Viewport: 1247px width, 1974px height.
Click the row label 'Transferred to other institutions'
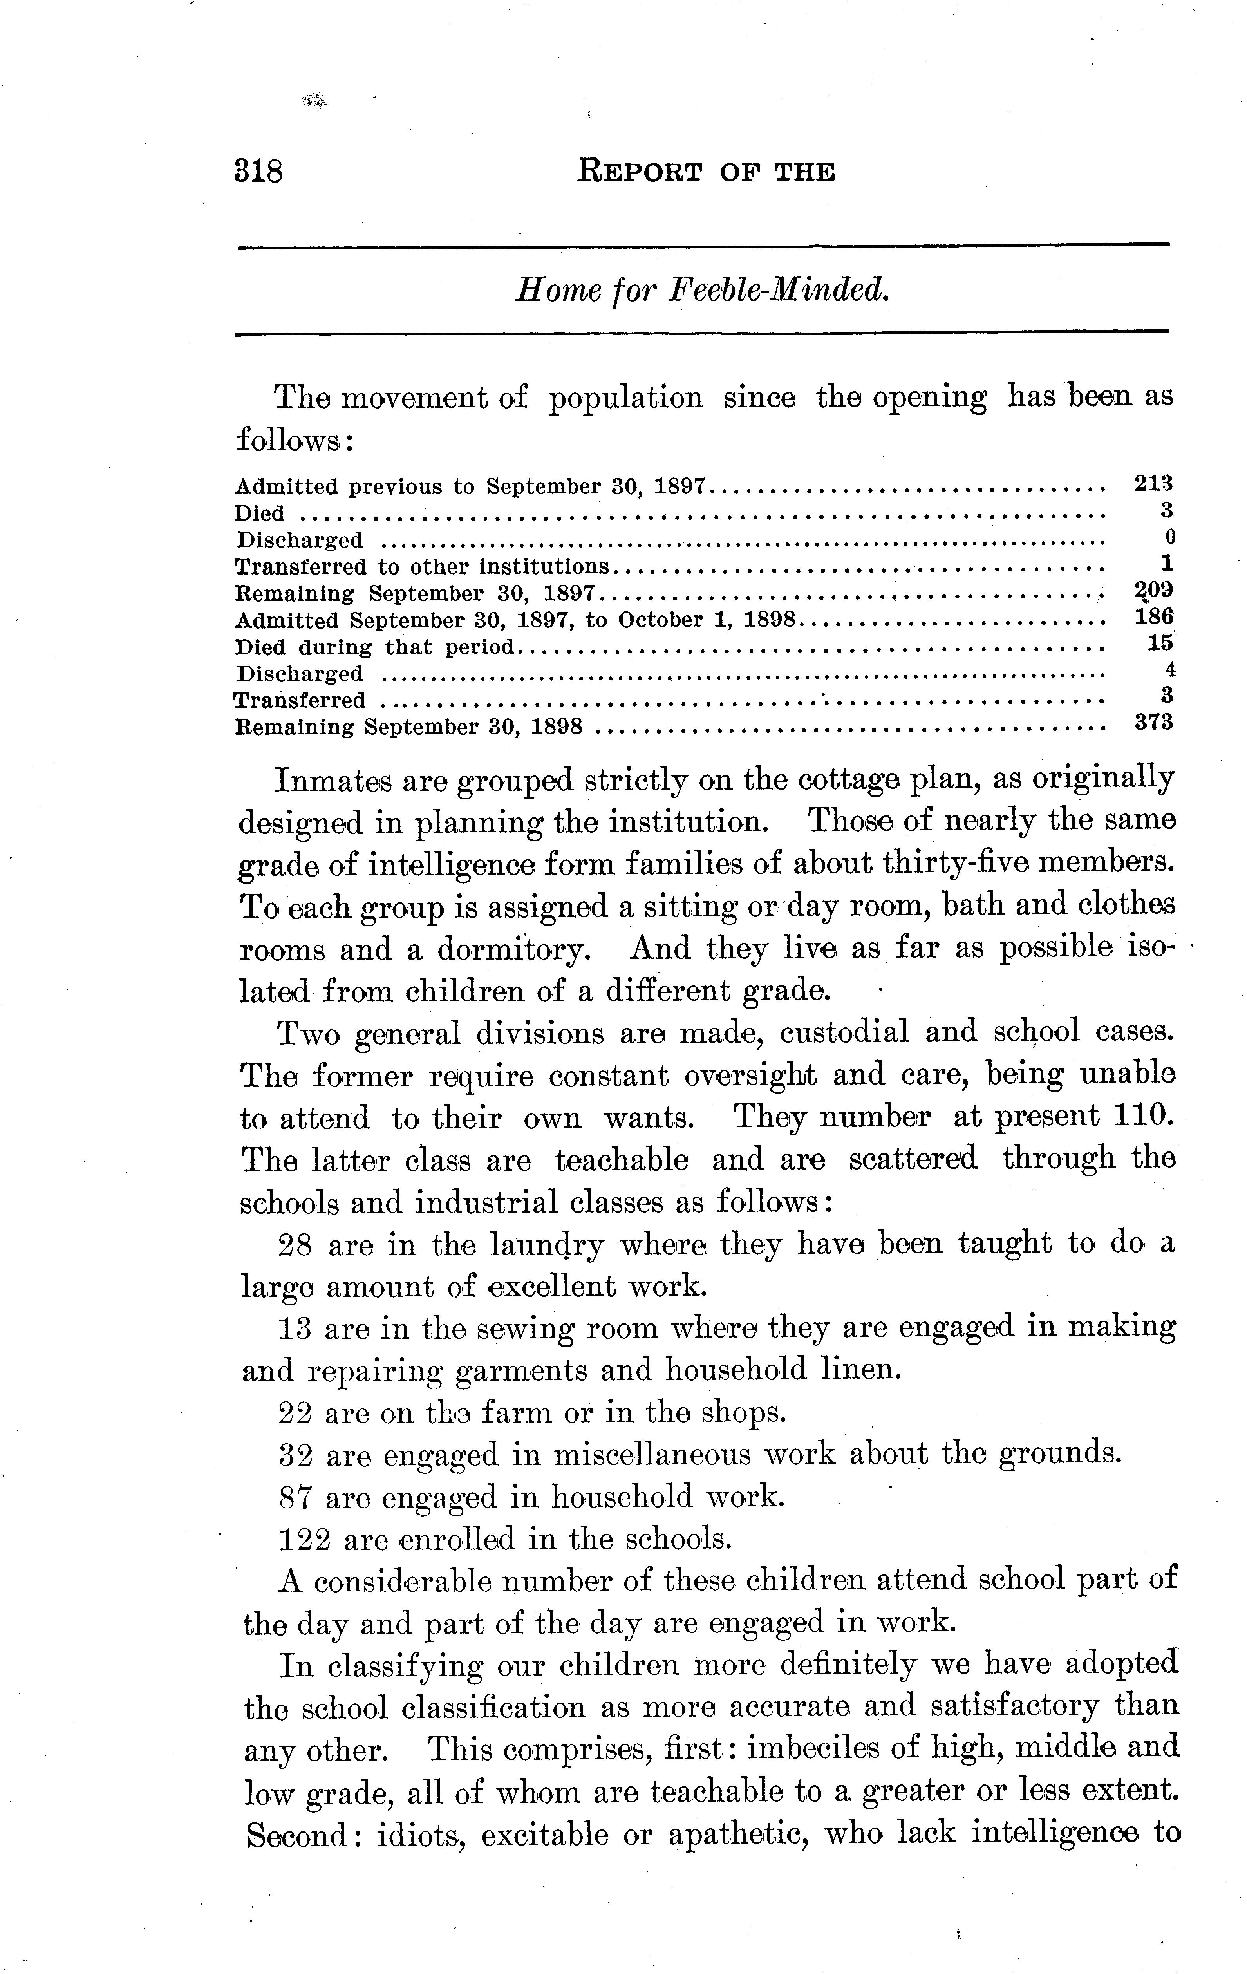[422, 566]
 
